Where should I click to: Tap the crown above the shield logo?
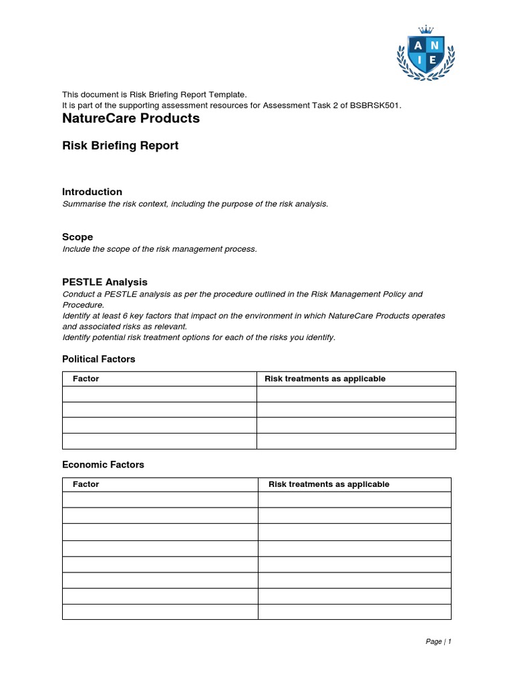[x=425, y=29]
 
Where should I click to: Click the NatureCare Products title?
[x=131, y=119]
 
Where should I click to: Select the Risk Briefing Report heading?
[x=120, y=146]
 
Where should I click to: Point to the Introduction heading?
[x=92, y=192]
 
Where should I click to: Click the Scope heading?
[x=77, y=237]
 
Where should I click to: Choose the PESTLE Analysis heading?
[x=105, y=282]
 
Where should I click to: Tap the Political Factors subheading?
[x=99, y=359]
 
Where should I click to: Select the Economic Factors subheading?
[x=103, y=465]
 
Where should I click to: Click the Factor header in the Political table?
[x=86, y=379]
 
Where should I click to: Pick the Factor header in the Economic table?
[x=86, y=484]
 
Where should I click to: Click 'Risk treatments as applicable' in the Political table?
[x=325, y=379]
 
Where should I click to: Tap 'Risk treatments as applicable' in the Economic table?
[x=329, y=484]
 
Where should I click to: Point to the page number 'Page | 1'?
[x=439, y=642]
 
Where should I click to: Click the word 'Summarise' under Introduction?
[x=82, y=204]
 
